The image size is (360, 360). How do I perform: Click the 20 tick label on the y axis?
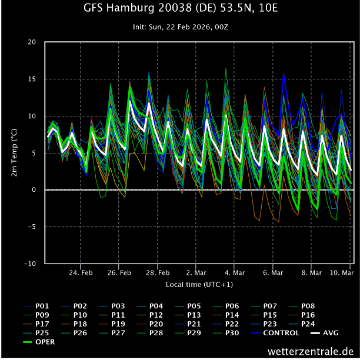[x=32, y=42]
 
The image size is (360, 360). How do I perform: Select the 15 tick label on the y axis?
[x=32, y=79]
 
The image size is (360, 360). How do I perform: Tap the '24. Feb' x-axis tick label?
[x=81, y=273]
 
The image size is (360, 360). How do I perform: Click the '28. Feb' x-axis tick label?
[x=158, y=273]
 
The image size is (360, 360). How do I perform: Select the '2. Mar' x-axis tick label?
[x=196, y=273]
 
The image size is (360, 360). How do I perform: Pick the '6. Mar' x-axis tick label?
[x=273, y=273]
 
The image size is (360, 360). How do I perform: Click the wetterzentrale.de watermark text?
[x=310, y=351]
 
